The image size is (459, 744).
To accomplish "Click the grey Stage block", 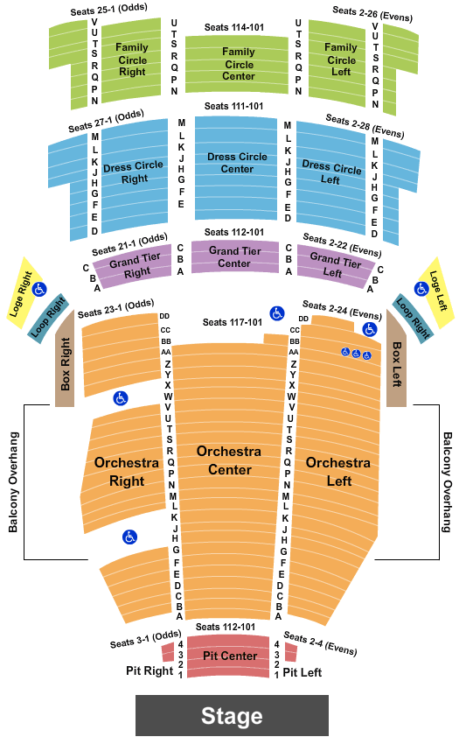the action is tap(232, 715).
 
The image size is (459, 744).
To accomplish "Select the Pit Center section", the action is tap(228, 656).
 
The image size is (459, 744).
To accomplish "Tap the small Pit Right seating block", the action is tap(168, 652).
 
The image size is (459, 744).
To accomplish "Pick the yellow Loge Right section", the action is tap(24, 292).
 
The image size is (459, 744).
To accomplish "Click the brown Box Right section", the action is tap(65, 359).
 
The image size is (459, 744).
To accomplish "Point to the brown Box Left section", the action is tap(396, 359).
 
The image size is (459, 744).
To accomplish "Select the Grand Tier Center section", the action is tap(234, 256).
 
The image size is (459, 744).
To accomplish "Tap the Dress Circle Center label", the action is tap(237, 163).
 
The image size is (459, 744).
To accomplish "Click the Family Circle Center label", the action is tap(239, 64).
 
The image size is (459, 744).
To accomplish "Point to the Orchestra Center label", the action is tap(229, 460).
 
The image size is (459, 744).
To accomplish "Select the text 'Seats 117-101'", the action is tap(233, 323).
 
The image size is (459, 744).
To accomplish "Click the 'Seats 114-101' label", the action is tap(234, 27).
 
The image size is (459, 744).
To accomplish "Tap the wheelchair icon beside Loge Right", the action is tap(39, 289).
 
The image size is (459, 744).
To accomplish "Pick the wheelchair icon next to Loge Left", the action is tap(421, 288).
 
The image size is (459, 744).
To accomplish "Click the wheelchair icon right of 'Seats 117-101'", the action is tap(277, 313).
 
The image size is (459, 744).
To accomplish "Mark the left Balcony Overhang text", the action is tap(13, 482).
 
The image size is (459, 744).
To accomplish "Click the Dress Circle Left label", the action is tap(331, 172).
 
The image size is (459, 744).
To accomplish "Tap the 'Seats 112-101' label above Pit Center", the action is tap(226, 627).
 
